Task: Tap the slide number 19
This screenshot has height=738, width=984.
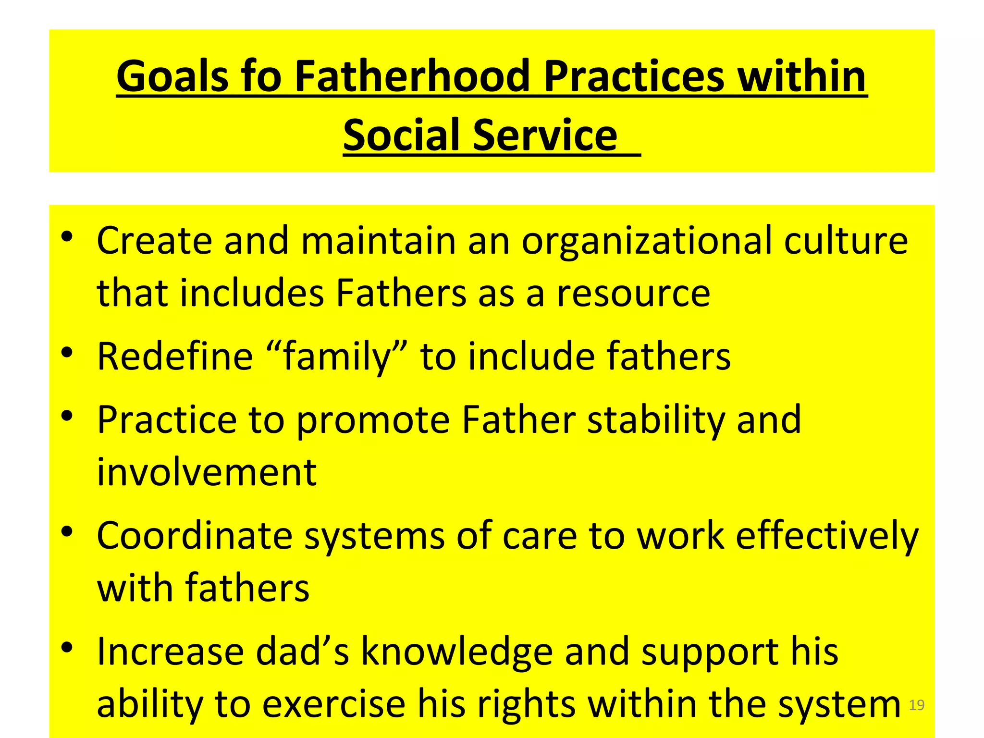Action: click(917, 705)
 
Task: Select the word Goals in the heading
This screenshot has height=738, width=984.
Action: click(172, 77)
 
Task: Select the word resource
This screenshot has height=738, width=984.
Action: click(633, 294)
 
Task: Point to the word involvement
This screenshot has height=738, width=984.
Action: click(207, 472)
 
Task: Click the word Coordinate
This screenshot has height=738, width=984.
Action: click(195, 536)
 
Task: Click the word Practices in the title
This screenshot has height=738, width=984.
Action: click(634, 77)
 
